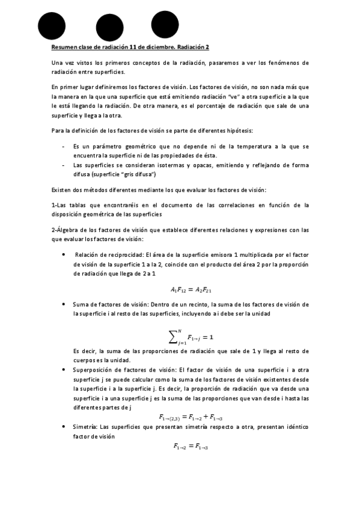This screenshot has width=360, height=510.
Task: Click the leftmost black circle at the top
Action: click(51, 25)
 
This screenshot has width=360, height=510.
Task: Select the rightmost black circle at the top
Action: click(165, 24)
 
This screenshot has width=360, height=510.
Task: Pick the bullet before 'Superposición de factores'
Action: click(64, 369)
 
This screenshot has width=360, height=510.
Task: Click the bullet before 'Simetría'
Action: click(64, 427)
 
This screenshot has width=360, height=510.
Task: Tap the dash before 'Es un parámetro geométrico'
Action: click(64, 146)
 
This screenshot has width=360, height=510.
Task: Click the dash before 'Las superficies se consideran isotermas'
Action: click(64, 165)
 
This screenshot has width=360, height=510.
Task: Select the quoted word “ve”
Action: click(235, 96)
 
